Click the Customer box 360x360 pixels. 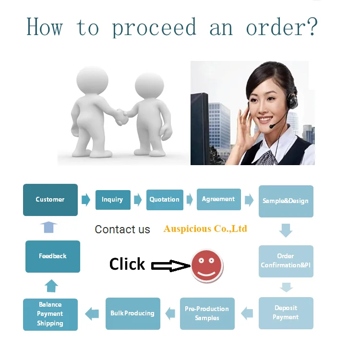coord(50,200)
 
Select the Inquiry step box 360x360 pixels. coord(112,200)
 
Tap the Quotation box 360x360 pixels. coord(165,200)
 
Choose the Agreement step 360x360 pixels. coord(218,199)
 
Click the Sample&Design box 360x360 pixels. coord(286,201)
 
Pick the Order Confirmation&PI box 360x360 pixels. coord(286,261)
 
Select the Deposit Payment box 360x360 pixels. coord(286,313)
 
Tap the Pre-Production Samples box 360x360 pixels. coord(207,313)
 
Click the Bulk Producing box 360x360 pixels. coord(132,313)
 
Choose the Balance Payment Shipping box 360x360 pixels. coord(50,314)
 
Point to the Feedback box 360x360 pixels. coord(53,256)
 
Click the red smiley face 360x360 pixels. coord(207,266)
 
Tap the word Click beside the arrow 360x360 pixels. coord(127,264)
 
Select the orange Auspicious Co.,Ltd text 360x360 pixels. coord(205,228)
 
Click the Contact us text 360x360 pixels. coord(122,229)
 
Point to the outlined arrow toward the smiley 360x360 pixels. coord(170,265)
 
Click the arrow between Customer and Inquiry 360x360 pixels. coord(86,200)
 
